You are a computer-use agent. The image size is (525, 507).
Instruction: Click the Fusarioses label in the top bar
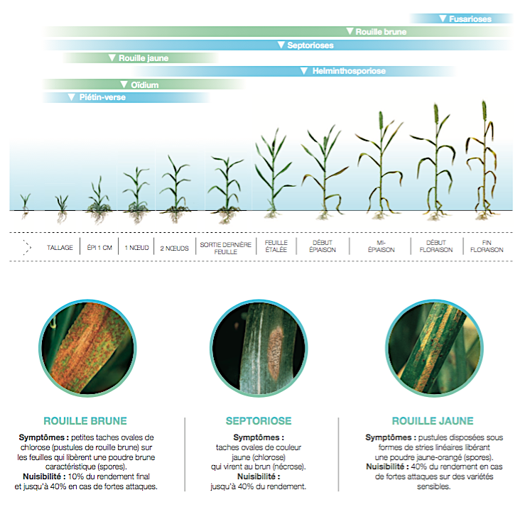(470, 19)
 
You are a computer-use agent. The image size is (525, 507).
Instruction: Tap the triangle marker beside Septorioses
(281, 45)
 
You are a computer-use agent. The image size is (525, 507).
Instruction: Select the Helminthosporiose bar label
(349, 71)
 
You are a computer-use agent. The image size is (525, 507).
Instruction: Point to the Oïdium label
(145, 85)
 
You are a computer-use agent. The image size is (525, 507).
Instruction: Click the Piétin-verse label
(102, 97)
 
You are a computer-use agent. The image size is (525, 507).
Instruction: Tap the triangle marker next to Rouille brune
(350, 31)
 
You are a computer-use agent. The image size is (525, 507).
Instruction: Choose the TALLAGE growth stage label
(60, 248)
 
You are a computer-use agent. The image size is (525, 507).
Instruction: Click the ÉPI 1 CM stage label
(99, 248)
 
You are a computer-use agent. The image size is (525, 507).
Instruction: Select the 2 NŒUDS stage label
(175, 249)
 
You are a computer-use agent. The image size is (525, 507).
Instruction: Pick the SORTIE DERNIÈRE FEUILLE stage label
(226, 248)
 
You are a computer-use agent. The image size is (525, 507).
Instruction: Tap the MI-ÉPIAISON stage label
(381, 246)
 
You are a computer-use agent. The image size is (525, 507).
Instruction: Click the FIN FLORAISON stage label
(487, 246)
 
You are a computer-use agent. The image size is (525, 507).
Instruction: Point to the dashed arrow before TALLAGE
(28, 248)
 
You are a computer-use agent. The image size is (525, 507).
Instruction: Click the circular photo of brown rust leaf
(87, 348)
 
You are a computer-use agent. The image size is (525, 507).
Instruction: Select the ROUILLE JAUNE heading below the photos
(433, 420)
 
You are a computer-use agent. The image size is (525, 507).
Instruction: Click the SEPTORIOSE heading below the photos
(259, 420)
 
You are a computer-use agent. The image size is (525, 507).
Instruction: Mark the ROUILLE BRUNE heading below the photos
(85, 420)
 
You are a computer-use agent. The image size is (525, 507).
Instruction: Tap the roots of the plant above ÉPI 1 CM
(99, 216)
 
